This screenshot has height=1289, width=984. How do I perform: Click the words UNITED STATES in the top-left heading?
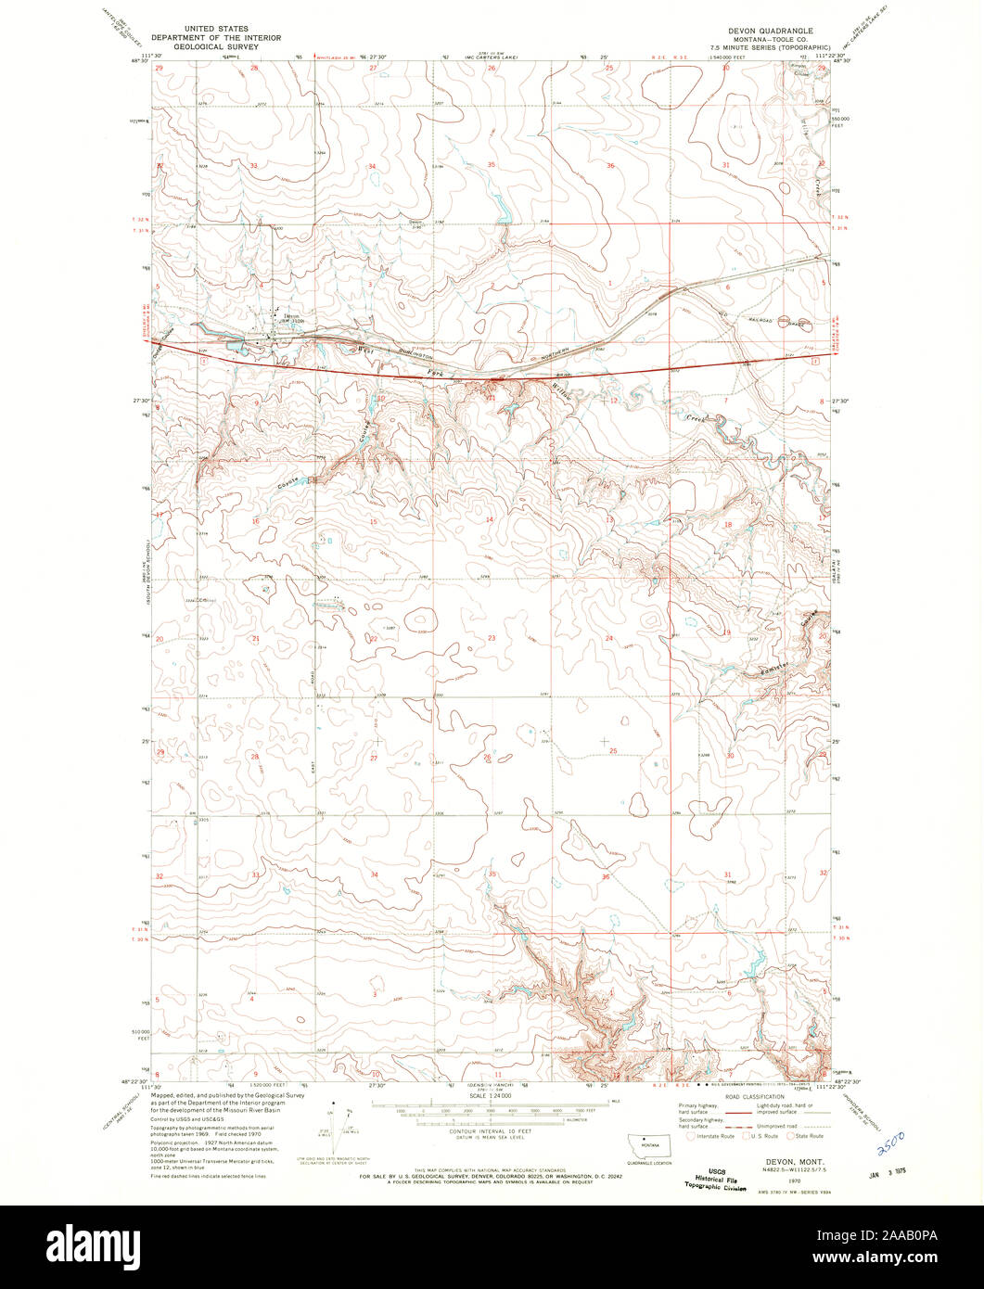pyautogui.click(x=217, y=30)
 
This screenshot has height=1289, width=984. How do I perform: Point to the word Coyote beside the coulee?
pyautogui.click(x=291, y=483)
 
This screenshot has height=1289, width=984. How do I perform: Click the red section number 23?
pyautogui.click(x=492, y=638)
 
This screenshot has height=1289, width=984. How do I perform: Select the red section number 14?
pyautogui.click(x=489, y=519)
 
